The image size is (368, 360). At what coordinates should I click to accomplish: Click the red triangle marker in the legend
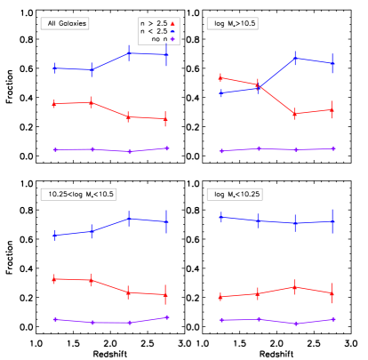click(x=172, y=24)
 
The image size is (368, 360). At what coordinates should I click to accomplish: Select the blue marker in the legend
click(x=172, y=31)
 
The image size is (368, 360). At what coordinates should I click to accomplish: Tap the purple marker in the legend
click(x=172, y=39)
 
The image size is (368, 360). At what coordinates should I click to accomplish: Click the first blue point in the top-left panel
click(x=55, y=68)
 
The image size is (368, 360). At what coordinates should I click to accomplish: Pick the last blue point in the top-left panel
click(x=166, y=54)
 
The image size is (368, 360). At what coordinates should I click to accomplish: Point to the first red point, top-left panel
click(x=55, y=104)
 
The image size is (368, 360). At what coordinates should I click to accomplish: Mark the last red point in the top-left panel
click(x=166, y=118)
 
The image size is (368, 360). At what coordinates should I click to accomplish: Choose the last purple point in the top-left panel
click(x=166, y=148)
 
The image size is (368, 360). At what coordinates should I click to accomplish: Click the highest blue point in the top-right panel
click(x=295, y=58)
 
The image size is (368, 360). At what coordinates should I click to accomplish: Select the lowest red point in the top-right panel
click(x=295, y=114)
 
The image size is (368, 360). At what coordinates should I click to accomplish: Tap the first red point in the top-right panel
click(x=220, y=77)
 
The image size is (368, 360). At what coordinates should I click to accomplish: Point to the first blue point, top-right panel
click(x=220, y=93)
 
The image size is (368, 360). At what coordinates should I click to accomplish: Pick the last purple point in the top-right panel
click(x=333, y=148)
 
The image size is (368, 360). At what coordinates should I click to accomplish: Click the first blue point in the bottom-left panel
click(x=55, y=236)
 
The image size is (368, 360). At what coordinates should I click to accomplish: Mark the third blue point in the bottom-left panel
click(x=129, y=219)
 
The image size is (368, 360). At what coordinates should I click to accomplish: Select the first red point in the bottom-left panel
click(x=55, y=279)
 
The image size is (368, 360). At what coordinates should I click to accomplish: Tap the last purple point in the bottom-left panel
click(x=166, y=317)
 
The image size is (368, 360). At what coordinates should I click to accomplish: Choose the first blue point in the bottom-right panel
click(x=220, y=217)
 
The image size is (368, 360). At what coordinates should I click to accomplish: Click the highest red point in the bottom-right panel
click(x=295, y=287)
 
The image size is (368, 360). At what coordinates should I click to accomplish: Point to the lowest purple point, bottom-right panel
click(x=296, y=324)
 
